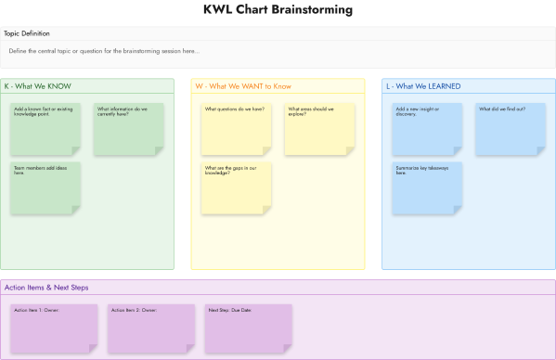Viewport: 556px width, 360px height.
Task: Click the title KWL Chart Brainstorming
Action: pyautogui.click(x=278, y=10)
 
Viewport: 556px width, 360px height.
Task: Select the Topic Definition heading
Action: pyautogui.click(x=28, y=33)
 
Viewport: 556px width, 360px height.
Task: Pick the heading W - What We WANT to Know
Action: pyautogui.click(x=243, y=86)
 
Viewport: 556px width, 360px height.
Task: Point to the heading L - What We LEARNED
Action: pyautogui.click(x=423, y=86)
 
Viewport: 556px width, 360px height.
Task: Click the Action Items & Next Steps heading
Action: pyautogui.click(x=46, y=288)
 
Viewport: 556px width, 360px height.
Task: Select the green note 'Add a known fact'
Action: pyautogui.click(x=45, y=129)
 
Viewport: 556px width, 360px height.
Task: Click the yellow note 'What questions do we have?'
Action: pyautogui.click(x=237, y=129)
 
